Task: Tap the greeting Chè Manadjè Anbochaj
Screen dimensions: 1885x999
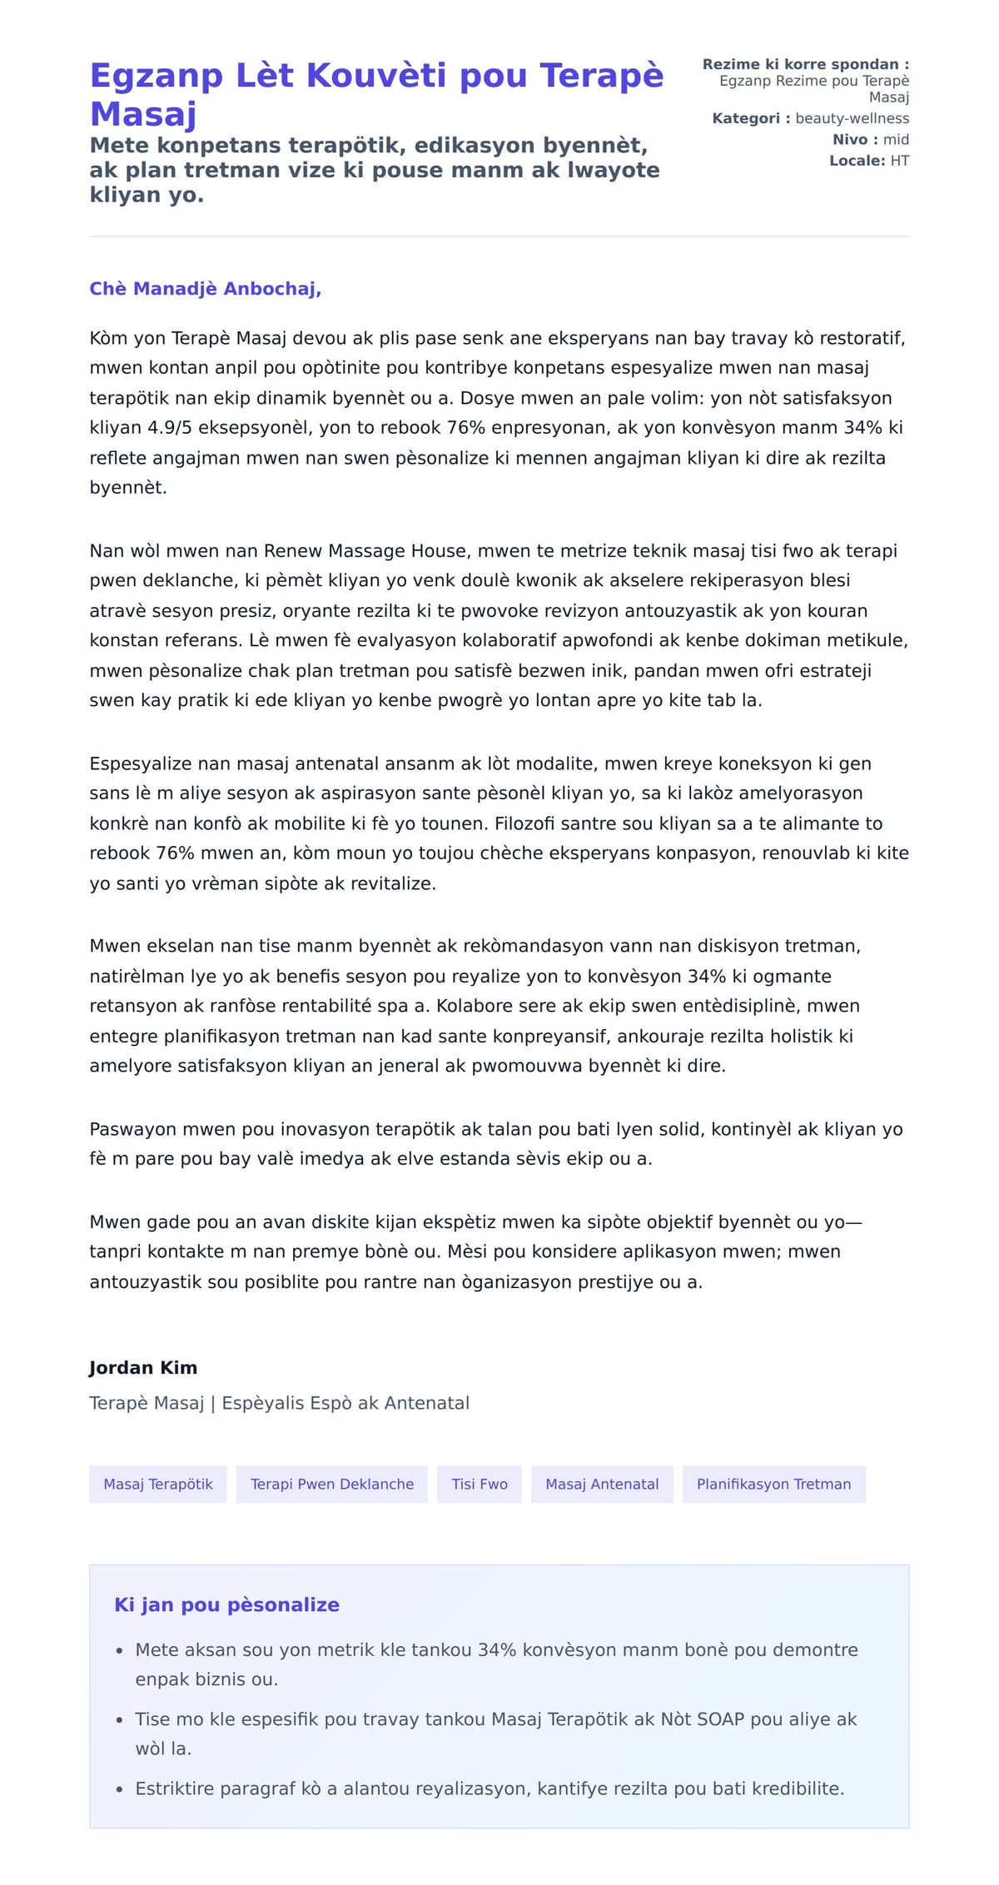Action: pyautogui.click(x=205, y=289)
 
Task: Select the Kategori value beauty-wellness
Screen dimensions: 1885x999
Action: pyautogui.click(x=852, y=118)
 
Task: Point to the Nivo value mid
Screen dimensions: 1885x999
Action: pyautogui.click(x=896, y=140)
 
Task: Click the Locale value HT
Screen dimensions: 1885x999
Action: pyautogui.click(x=899, y=161)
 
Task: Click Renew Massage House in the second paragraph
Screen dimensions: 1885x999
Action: pyautogui.click(x=365, y=551)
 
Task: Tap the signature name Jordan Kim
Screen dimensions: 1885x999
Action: pyautogui.click(x=143, y=1368)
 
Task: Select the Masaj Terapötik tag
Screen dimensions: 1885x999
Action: pyautogui.click(x=158, y=1485)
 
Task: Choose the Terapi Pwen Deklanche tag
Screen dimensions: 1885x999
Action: pyautogui.click(x=332, y=1485)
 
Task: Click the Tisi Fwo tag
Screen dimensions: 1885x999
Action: pyautogui.click(x=480, y=1485)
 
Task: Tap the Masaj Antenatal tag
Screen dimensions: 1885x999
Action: pyautogui.click(x=602, y=1485)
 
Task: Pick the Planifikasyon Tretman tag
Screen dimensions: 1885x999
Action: pyautogui.click(x=773, y=1485)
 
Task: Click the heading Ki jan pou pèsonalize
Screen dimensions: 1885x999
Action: pyautogui.click(x=226, y=1605)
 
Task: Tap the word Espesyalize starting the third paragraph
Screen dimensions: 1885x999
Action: pyautogui.click(x=138, y=764)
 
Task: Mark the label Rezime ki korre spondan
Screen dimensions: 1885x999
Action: pyautogui.click(x=805, y=64)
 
